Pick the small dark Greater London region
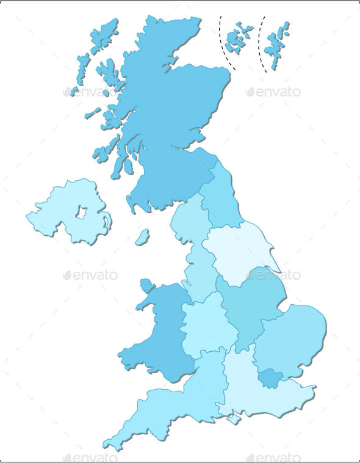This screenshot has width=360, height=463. click(270, 379)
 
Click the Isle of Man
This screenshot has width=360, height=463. click(142, 237)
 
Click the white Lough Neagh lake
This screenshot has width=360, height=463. click(81, 213)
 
